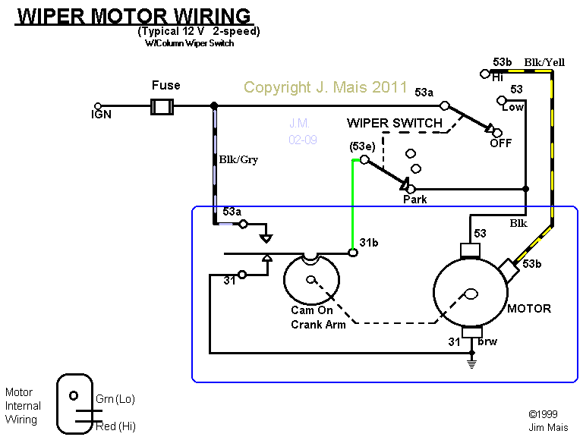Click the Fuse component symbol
tap(161, 106)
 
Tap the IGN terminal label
tap(101, 115)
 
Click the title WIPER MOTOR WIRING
tap(134, 16)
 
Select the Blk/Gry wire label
tap(238, 160)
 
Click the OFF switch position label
tap(501, 143)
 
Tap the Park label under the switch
tap(414, 200)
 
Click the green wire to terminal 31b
tap(352, 205)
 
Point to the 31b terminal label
tap(369, 242)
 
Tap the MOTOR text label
tap(529, 309)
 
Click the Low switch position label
tap(513, 107)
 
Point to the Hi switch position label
tap(498, 77)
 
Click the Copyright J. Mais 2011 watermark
tap(326, 87)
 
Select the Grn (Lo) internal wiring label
tap(115, 399)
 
